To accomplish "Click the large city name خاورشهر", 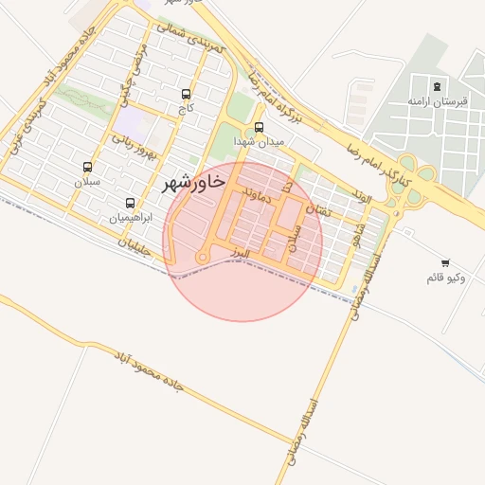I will [x=194, y=182].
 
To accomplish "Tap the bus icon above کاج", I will [x=185, y=95].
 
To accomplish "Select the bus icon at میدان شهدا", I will [x=259, y=128].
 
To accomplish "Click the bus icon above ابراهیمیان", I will [x=130, y=203].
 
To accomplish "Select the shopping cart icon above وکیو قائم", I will [x=445, y=262].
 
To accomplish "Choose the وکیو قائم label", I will [x=445, y=277].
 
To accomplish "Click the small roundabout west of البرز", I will [x=201, y=259].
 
